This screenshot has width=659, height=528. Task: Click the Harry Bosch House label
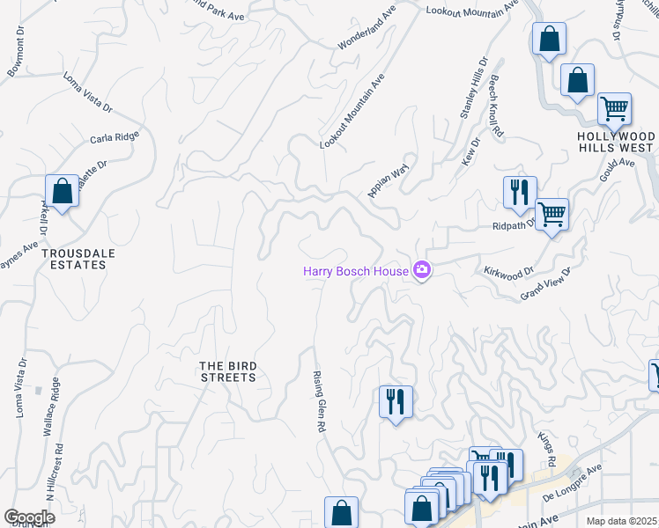tap(356, 271)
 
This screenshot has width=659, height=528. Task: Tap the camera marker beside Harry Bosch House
tap(422, 269)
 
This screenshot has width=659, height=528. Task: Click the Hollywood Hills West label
tap(617, 142)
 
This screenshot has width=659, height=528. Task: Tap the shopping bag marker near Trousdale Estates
tap(63, 190)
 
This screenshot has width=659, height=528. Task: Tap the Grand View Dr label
tap(546, 283)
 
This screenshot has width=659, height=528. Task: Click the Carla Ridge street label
tap(115, 138)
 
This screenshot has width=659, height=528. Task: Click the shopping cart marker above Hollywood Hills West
tap(614, 108)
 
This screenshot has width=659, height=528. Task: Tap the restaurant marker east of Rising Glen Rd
tap(396, 401)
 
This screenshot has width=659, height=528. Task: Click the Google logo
tap(29, 517)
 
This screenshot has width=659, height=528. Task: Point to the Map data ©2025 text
tap(622, 521)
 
